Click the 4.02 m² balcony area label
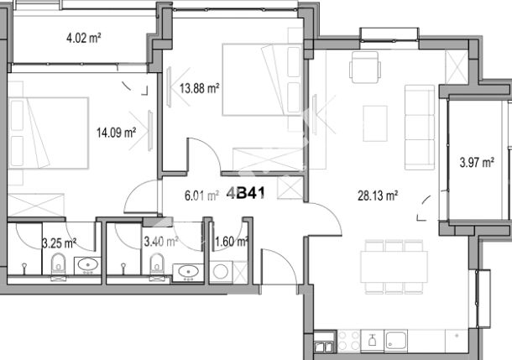click(x=84, y=39)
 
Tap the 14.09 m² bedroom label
click(x=116, y=133)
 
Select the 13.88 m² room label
click(x=199, y=88)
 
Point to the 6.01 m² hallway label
click(x=201, y=196)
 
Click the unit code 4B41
click(x=246, y=193)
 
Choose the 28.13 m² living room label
click(x=378, y=196)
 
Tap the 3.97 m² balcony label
click(x=477, y=162)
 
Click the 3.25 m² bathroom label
click(x=59, y=243)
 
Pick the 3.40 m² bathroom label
click(x=161, y=242)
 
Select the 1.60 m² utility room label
click(x=231, y=242)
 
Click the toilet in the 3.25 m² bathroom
click(x=59, y=267)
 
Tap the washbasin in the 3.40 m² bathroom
click(x=188, y=272)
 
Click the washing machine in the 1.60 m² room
click(x=221, y=272)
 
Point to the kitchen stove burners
click(x=348, y=341)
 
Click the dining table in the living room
click(x=394, y=267)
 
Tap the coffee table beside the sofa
click(x=375, y=123)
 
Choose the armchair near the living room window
click(x=365, y=67)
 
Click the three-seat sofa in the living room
click(x=420, y=128)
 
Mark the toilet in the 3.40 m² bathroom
click(x=157, y=267)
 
